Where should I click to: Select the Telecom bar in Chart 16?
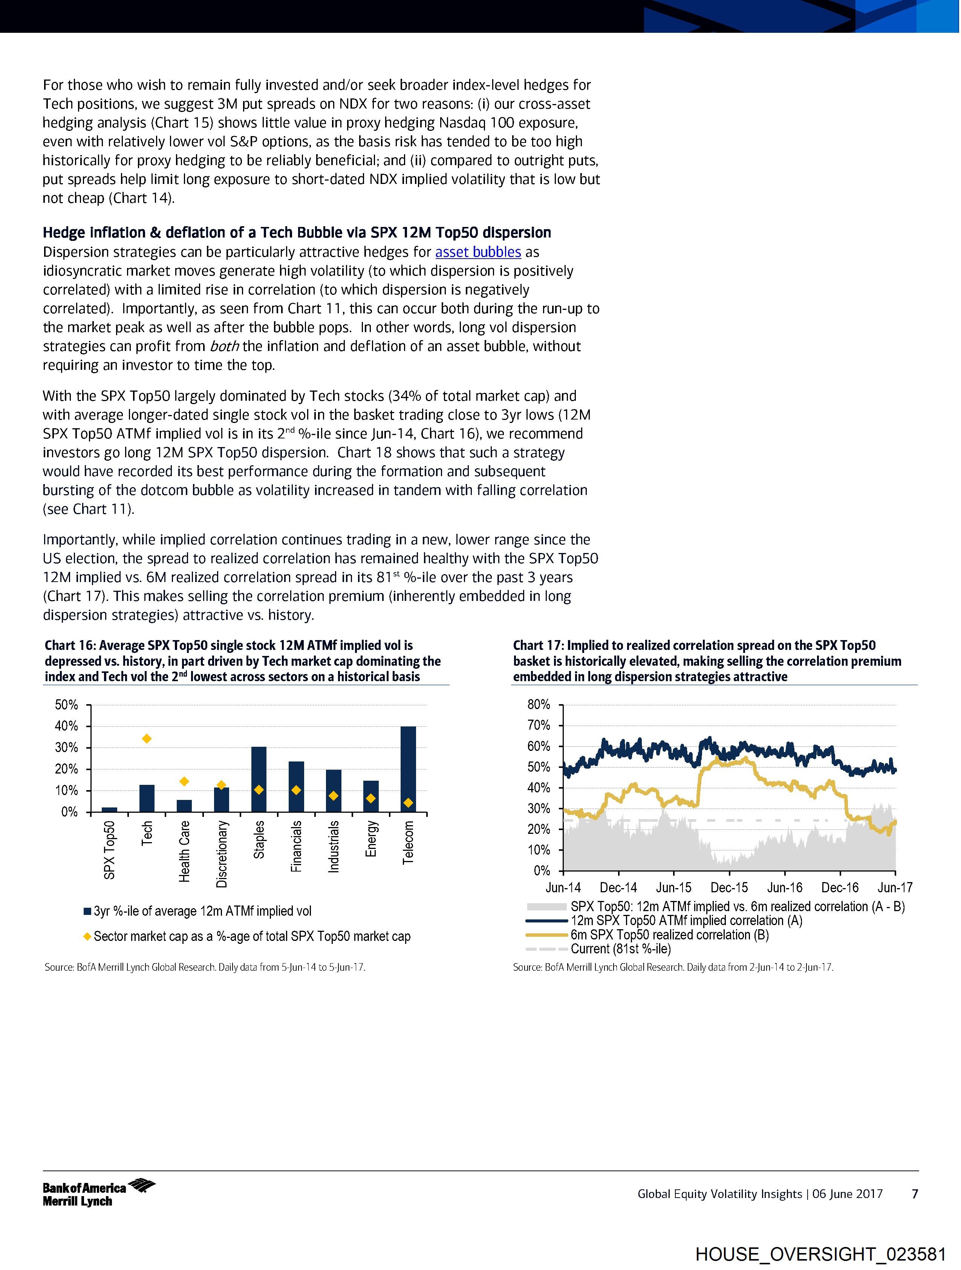[x=408, y=769]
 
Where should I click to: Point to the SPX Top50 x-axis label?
[x=109, y=850]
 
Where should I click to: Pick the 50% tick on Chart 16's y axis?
[x=67, y=705]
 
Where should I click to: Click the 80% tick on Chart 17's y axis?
[x=539, y=705]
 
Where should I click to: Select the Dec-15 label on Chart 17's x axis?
[x=729, y=888]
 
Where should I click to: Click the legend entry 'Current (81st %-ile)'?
[x=620, y=949]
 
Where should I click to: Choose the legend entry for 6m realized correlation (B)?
[x=669, y=935]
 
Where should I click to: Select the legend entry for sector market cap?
[x=251, y=936]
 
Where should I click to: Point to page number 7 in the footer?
[x=915, y=1193]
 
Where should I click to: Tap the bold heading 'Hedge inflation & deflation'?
[x=297, y=233]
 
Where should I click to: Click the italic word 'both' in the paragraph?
[x=225, y=346]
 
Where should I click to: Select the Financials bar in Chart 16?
[x=296, y=787]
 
